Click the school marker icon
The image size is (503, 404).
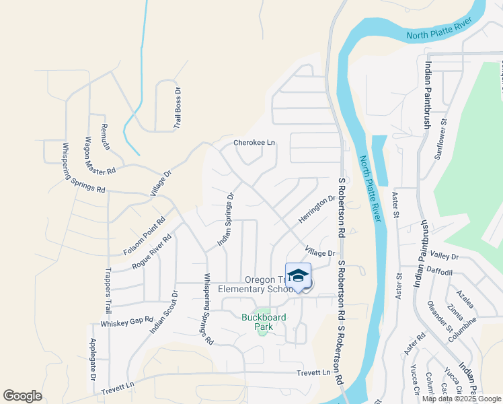pyautogui.click(x=298, y=276)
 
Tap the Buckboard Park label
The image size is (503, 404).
pyautogui.click(x=256, y=321)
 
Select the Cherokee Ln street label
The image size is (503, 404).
pyautogui.click(x=254, y=143)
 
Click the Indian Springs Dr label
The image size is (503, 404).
pyautogui.click(x=225, y=219)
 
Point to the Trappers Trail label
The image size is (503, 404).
pyautogui.click(x=108, y=292)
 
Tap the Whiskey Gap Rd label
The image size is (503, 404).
pyautogui.click(x=127, y=323)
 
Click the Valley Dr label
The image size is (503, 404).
pyautogui.click(x=444, y=257)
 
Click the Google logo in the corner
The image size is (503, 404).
pyautogui.click(x=22, y=396)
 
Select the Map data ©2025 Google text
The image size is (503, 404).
pyautogui.click(x=461, y=399)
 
